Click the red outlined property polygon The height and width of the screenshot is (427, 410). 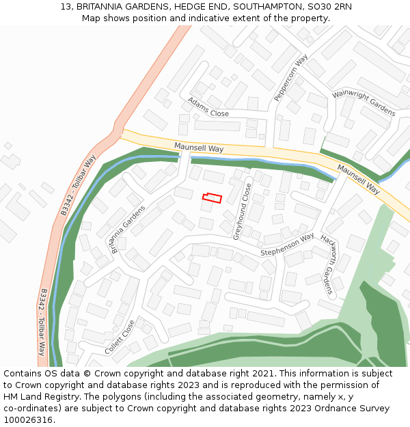tap(213, 197)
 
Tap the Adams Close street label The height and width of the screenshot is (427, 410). tap(208, 107)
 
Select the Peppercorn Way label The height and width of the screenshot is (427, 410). tap(291, 79)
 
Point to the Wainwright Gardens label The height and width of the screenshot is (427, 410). tap(364, 102)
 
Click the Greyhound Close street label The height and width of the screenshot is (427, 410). tap(242, 211)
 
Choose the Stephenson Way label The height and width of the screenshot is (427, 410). tap(287, 246)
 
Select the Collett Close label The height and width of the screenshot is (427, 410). tap(120, 338)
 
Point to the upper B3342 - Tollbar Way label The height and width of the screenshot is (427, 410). tap(78, 185)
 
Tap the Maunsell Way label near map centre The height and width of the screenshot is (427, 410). tap(199, 148)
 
